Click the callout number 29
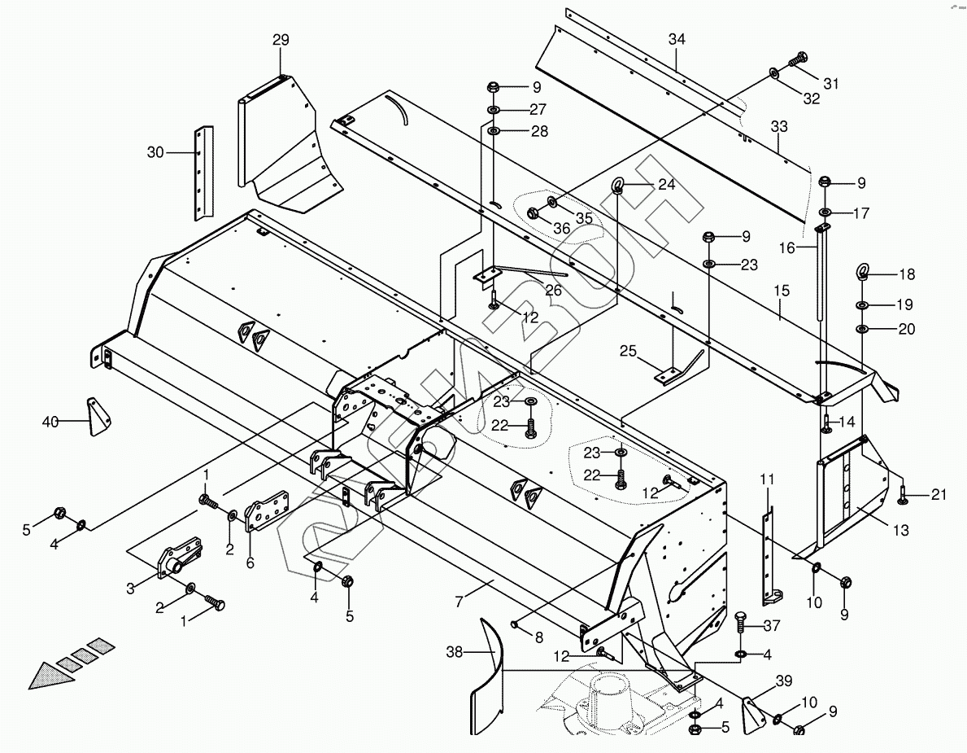pyautogui.click(x=281, y=40)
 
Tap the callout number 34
pyautogui.click(x=677, y=39)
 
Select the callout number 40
pyautogui.click(x=50, y=421)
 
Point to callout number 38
pyautogui.click(x=455, y=651)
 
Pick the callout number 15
pyautogui.click(x=782, y=291)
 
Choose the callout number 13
pyautogui.click(x=900, y=531)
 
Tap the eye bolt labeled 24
pyautogui.click(x=619, y=186)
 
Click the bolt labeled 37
pyautogui.click(x=742, y=623)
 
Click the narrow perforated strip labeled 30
pyautogui.click(x=201, y=173)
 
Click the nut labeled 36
pyautogui.click(x=534, y=213)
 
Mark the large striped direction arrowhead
pyautogui.click(x=46, y=675)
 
